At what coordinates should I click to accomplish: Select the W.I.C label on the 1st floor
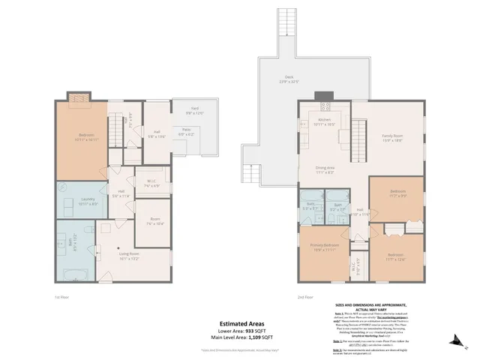point(151,182)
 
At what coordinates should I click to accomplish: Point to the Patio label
point(184,133)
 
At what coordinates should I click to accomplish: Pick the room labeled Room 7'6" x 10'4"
point(154,222)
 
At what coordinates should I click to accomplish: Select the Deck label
point(288,79)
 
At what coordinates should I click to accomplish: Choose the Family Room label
point(392,137)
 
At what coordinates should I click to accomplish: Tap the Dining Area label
point(324,170)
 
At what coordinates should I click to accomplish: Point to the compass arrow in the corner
point(466,343)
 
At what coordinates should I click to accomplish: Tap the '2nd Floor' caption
point(306,298)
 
